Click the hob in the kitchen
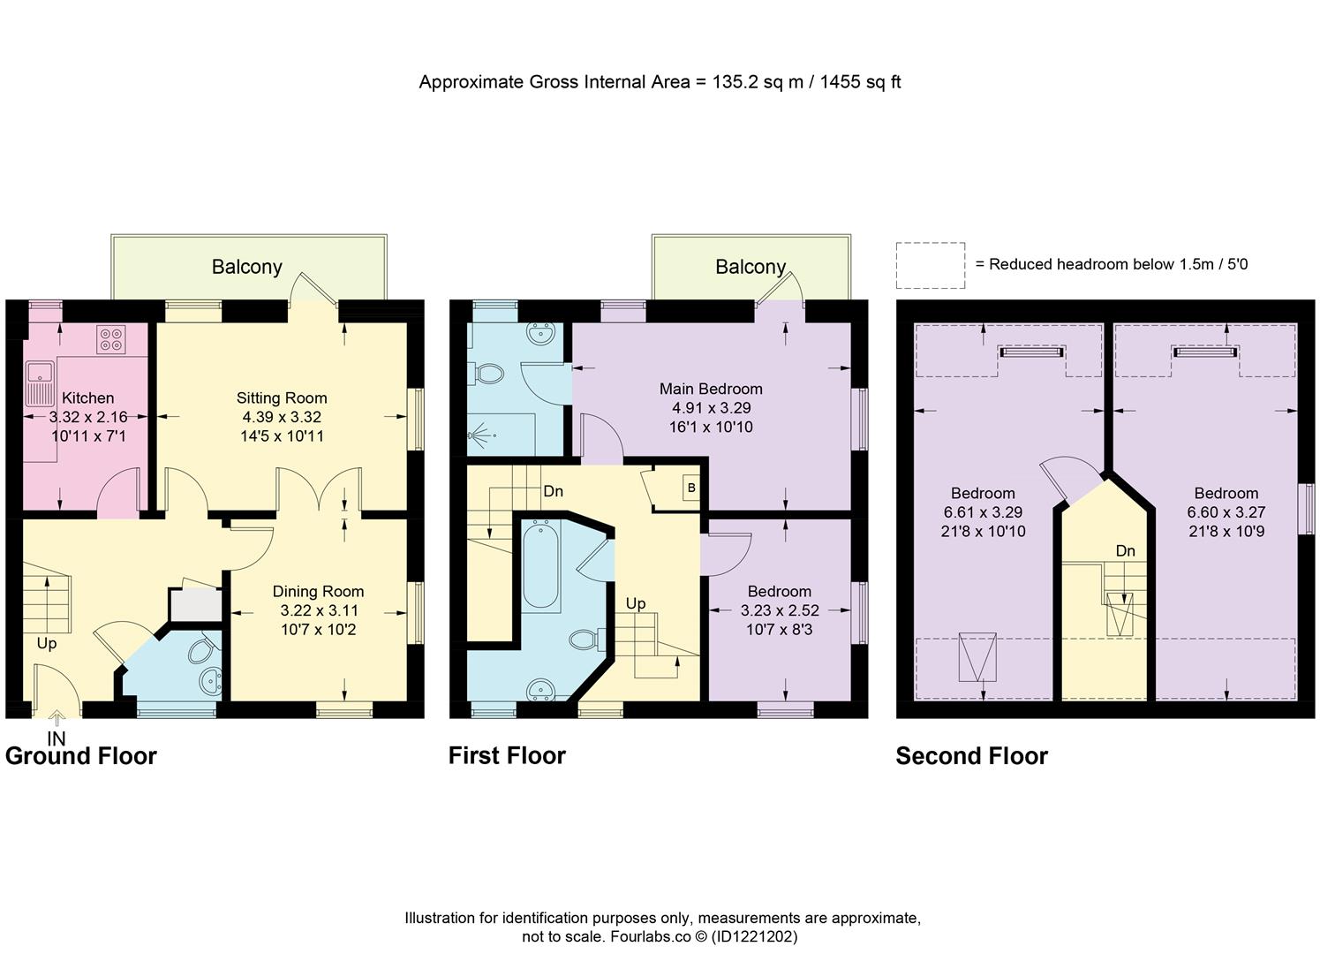coord(110,339)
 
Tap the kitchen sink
coord(40,384)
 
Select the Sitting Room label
coord(282,398)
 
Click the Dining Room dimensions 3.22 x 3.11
coord(319,610)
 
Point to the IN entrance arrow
coord(57,717)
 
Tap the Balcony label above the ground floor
coord(247,267)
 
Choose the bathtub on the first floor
coord(541,565)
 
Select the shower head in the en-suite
coord(475,435)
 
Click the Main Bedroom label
coord(711,389)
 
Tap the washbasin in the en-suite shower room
coord(541,334)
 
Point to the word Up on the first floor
coord(636,603)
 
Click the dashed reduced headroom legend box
coord(931,265)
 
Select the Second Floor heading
coord(972,756)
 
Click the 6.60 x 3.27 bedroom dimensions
coord(1226,511)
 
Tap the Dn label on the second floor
coord(1125,550)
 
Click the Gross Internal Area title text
coord(660,82)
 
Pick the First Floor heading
coord(508,755)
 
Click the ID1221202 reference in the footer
coord(754,935)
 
